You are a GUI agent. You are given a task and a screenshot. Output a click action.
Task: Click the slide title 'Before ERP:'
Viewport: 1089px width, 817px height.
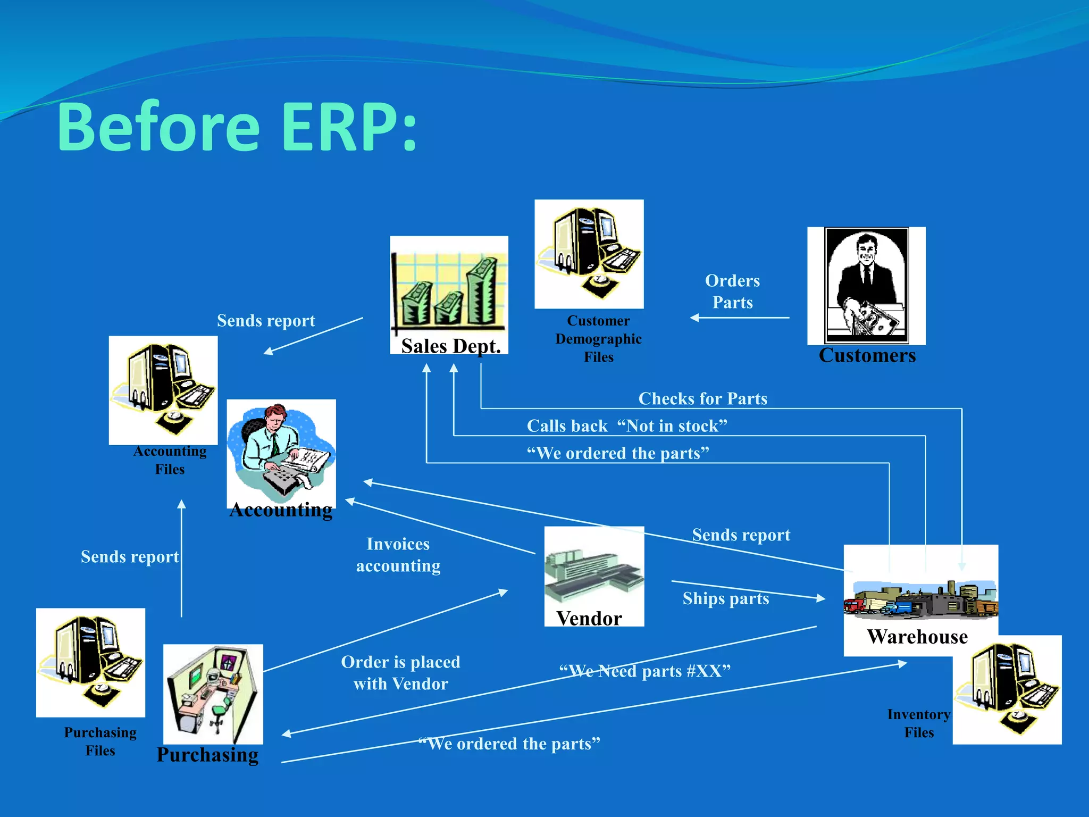[x=237, y=128]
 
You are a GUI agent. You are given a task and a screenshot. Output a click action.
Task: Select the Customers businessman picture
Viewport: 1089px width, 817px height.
[x=866, y=286]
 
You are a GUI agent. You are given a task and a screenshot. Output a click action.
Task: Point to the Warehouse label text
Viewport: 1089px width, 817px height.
[x=917, y=637]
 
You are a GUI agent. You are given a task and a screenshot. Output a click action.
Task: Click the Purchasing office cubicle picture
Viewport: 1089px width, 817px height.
[x=213, y=694]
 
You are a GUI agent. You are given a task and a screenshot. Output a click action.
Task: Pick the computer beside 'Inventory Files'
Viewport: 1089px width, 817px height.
[x=1007, y=689]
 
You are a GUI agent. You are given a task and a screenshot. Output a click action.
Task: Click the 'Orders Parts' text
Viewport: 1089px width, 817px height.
[x=732, y=291]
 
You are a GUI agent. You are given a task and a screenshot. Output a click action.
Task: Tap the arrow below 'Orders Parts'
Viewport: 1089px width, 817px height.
[x=739, y=318]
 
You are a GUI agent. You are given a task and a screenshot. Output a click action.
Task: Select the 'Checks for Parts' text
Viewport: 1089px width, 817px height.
[x=702, y=398]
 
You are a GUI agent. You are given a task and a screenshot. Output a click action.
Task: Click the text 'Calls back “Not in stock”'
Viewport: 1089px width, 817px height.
[x=626, y=426]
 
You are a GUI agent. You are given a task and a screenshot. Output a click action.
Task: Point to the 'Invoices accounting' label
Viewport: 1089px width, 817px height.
[x=398, y=555]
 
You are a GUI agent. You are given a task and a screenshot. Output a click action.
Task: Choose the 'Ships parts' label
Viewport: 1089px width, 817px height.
[x=726, y=598]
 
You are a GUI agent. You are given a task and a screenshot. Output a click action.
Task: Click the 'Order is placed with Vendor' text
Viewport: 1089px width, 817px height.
[x=400, y=672]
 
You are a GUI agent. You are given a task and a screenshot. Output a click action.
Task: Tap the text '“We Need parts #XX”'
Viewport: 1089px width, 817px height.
[x=644, y=671]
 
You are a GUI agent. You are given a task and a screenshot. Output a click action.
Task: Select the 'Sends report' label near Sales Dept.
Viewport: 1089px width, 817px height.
[x=266, y=320]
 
